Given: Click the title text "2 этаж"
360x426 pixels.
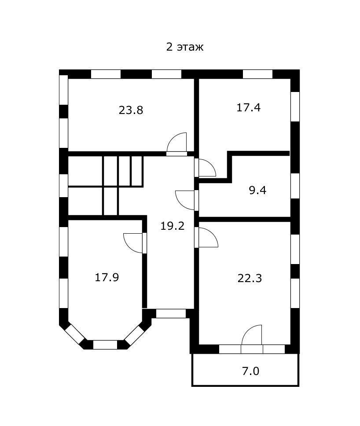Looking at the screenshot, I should click(x=184, y=47).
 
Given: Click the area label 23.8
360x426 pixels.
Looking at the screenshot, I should click(x=131, y=110).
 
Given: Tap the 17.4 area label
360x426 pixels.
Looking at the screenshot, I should click(x=249, y=107).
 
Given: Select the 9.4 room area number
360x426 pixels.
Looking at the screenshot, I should click(x=257, y=191).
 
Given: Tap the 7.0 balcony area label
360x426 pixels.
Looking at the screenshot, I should click(x=250, y=371).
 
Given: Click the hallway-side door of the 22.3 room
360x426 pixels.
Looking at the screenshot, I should click(x=207, y=238).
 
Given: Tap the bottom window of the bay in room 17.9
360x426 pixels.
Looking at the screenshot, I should click(x=105, y=345).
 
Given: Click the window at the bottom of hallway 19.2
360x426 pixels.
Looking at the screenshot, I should click(x=171, y=314).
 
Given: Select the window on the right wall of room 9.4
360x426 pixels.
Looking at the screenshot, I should click(x=295, y=186).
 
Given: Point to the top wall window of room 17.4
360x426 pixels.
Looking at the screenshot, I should click(x=257, y=74).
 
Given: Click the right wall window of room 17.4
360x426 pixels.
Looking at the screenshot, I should click(x=295, y=106).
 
